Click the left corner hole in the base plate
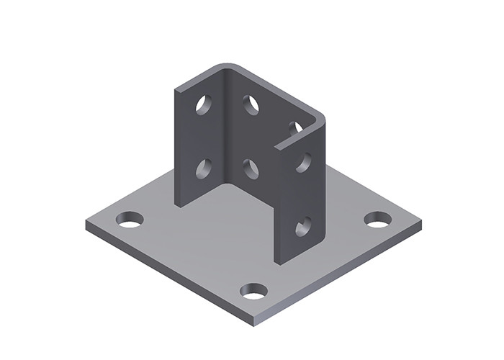[x=130, y=219]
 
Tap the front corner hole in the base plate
[x=253, y=291]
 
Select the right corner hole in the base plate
[x=377, y=219]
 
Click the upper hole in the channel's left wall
[x=204, y=104]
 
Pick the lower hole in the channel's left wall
[x=204, y=168]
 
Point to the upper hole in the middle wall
[x=251, y=105]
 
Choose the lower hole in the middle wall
[x=251, y=169]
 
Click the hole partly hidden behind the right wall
[x=294, y=128]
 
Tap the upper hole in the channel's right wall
[x=303, y=162]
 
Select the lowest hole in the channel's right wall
[x=303, y=227]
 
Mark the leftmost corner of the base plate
[x=86, y=224]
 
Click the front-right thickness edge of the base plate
[x=338, y=274]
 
